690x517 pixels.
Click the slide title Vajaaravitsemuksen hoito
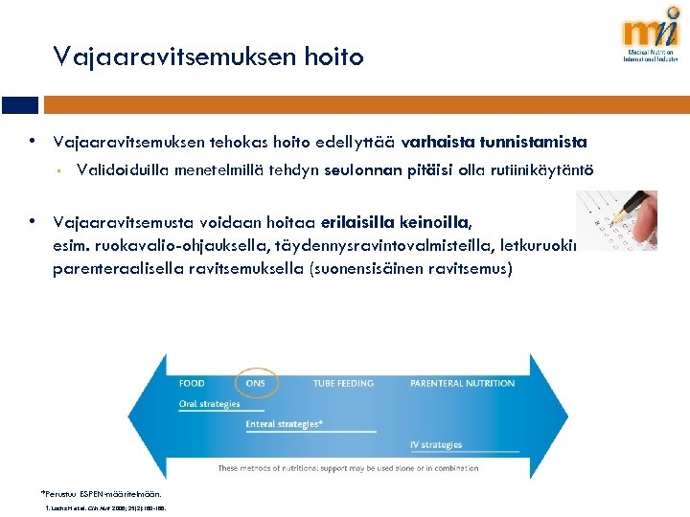(x=209, y=57)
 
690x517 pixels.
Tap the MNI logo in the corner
(x=651, y=38)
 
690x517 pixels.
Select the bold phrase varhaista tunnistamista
(x=494, y=143)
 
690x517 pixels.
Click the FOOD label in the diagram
(x=192, y=383)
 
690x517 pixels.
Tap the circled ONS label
(x=256, y=383)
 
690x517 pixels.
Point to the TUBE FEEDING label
(x=343, y=383)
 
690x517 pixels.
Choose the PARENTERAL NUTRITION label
(x=462, y=383)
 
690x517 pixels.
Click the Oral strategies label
(x=210, y=404)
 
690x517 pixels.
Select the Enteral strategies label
(x=284, y=424)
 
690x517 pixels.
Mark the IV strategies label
(x=436, y=445)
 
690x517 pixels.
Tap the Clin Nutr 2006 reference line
(x=105, y=508)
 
